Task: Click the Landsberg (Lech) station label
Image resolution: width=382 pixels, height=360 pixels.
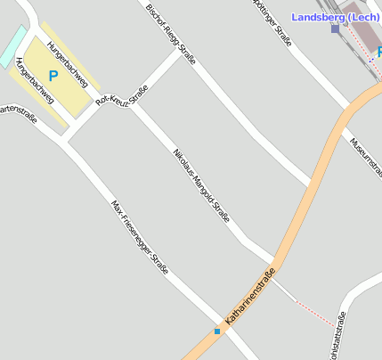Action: (336, 17)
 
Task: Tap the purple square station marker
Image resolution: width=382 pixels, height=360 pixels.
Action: (335, 29)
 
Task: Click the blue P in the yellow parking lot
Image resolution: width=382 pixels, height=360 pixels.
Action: (53, 77)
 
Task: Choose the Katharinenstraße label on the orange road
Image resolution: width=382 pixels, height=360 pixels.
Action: (250, 295)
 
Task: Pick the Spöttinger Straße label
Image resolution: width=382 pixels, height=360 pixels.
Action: (272, 20)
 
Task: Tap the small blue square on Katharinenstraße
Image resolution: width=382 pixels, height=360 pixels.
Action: (216, 331)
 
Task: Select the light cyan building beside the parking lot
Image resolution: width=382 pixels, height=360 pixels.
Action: (12, 45)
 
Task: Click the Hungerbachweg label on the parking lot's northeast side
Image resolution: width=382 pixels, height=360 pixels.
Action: (68, 64)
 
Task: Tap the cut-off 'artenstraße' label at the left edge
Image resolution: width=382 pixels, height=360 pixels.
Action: (18, 113)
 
